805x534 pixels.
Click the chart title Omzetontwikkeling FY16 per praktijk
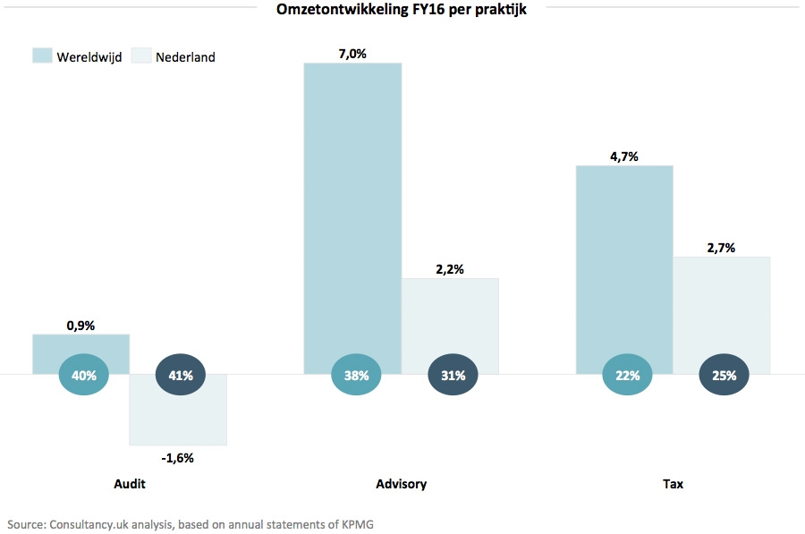pyautogui.click(x=401, y=10)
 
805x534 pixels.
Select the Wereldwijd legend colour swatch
pyautogui.click(x=42, y=55)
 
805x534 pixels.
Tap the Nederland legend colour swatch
pyautogui.click(x=141, y=55)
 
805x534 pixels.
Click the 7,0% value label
pyautogui.click(x=352, y=54)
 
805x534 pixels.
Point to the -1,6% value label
pyautogui.click(x=177, y=457)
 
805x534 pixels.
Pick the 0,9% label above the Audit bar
pyautogui.click(x=80, y=326)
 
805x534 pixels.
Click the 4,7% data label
pyautogui.click(x=623, y=157)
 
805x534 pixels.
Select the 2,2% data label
pyautogui.click(x=450, y=269)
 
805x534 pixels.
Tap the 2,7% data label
pyautogui.click(x=721, y=248)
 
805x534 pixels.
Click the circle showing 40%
pyautogui.click(x=83, y=376)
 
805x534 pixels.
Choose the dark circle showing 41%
pyautogui.click(x=181, y=376)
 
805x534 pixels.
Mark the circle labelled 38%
pyautogui.click(x=356, y=376)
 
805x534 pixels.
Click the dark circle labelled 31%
pyautogui.click(x=453, y=376)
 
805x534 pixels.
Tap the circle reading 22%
pyautogui.click(x=627, y=376)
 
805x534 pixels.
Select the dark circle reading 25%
pyautogui.click(x=724, y=376)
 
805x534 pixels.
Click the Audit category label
pyautogui.click(x=130, y=484)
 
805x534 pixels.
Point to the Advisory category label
pyautogui.click(x=401, y=484)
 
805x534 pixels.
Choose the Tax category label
pyautogui.click(x=673, y=484)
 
